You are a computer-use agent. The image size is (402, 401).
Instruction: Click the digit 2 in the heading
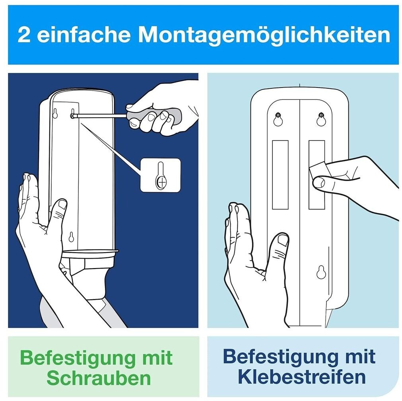pos(24,35)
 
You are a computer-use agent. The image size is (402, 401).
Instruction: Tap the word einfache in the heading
pos(84,35)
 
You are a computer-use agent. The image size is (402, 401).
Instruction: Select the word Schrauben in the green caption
pos(99,378)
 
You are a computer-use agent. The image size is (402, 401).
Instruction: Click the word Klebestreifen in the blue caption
pos(301,377)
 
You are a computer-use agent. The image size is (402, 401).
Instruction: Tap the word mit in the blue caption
pos(360,356)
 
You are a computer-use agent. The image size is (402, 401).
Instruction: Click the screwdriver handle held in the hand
pos(154,116)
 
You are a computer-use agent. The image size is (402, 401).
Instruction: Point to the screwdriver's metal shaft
pos(99,116)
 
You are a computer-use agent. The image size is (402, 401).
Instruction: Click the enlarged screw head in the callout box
pos(161,183)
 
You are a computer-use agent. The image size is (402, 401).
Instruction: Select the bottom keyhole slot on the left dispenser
pos(71,237)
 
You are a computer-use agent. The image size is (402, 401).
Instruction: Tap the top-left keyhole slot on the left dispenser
pos(55,113)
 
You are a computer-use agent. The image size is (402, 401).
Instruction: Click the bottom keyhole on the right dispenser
pos(321,272)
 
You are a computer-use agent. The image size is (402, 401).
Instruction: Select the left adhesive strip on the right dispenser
pos(280,175)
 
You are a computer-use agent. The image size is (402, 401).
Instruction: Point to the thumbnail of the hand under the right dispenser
pos(283,240)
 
